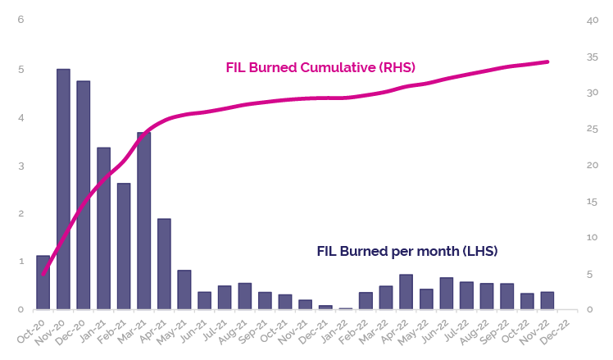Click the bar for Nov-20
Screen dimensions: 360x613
pyautogui.click(x=63, y=189)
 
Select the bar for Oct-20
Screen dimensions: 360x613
pyautogui.click(x=43, y=282)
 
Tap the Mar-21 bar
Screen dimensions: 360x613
pyautogui.click(x=144, y=221)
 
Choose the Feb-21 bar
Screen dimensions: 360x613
pyautogui.click(x=124, y=246)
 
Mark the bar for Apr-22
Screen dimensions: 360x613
pyautogui.click(x=406, y=292)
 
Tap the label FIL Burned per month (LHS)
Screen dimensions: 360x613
pyautogui.click(x=407, y=250)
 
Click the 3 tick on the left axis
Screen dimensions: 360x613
pyautogui.click(x=21, y=166)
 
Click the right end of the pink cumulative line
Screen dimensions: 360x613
pyautogui.click(x=547, y=62)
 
